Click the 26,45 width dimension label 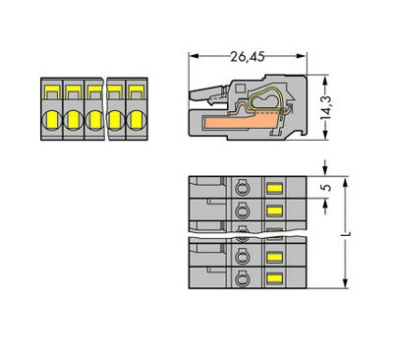[x=248, y=57]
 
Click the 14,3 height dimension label [x=326, y=107]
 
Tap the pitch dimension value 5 [x=327, y=187]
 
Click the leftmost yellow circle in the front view [x=52, y=120]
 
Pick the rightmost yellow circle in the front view [x=137, y=120]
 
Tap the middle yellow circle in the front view [x=94, y=120]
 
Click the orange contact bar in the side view [x=241, y=122]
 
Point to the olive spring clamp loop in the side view [x=266, y=99]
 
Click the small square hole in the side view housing [x=241, y=88]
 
